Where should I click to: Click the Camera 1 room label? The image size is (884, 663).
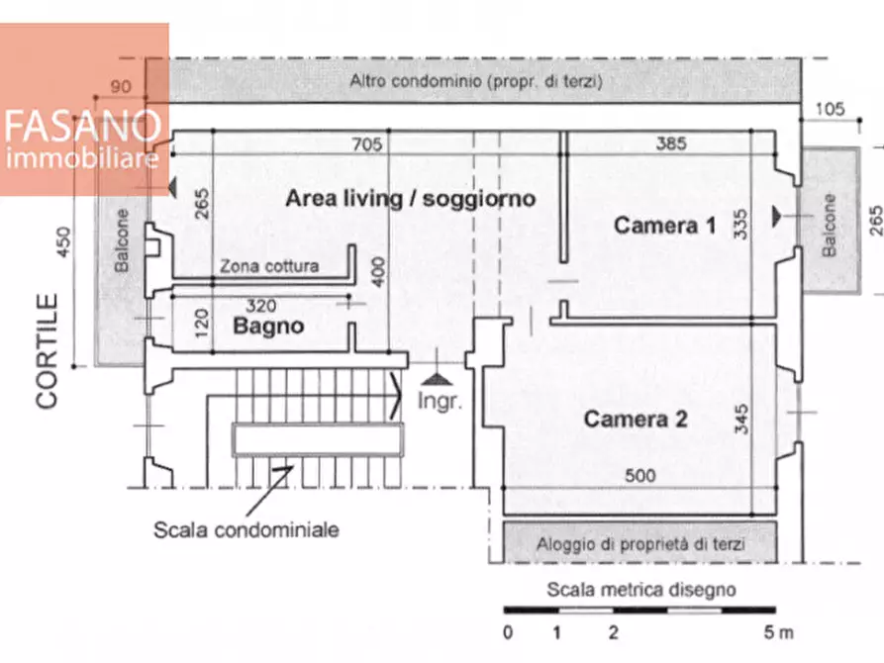point(664,226)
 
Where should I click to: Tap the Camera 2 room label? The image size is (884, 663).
point(636,419)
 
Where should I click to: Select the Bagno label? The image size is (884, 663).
point(268,326)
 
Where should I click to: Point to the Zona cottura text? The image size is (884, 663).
point(269,265)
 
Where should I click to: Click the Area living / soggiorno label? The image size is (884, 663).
point(411,199)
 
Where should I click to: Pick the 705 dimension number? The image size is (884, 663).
point(367,144)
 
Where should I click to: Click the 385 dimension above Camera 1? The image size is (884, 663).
point(671,143)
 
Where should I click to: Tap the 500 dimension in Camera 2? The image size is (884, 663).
point(639,475)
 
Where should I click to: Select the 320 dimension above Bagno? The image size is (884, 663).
point(261,306)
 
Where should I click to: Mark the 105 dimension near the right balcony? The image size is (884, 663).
point(830,109)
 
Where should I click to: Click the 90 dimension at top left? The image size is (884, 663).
point(121,86)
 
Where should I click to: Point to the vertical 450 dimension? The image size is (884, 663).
point(64,241)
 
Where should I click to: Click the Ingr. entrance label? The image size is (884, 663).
point(440,401)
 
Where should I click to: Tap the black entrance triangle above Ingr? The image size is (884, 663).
point(437,379)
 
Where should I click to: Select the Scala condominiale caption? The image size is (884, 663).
point(246,529)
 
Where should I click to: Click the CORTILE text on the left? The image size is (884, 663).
point(47,350)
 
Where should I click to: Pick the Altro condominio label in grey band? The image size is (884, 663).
point(476,81)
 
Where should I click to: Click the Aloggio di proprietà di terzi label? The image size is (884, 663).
point(640,544)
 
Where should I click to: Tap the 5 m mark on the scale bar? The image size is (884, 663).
point(779,632)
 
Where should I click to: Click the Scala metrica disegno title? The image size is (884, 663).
point(641,589)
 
